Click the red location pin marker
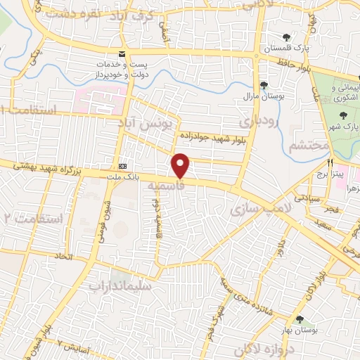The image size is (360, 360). coord(181,166)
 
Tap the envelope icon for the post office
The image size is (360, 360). coord(122,54)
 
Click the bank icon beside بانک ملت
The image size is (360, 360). coord(122,166)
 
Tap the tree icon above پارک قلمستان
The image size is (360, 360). coord(285,37)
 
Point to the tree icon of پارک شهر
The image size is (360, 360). coord(343,115)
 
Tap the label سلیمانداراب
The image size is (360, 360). coord(117,286)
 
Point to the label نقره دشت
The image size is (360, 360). coord(70,14)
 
